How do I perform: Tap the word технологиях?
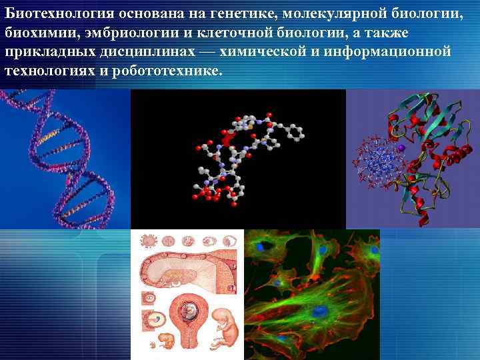[49, 70]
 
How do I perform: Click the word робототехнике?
[164, 70]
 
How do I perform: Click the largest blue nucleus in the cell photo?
[322, 311]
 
